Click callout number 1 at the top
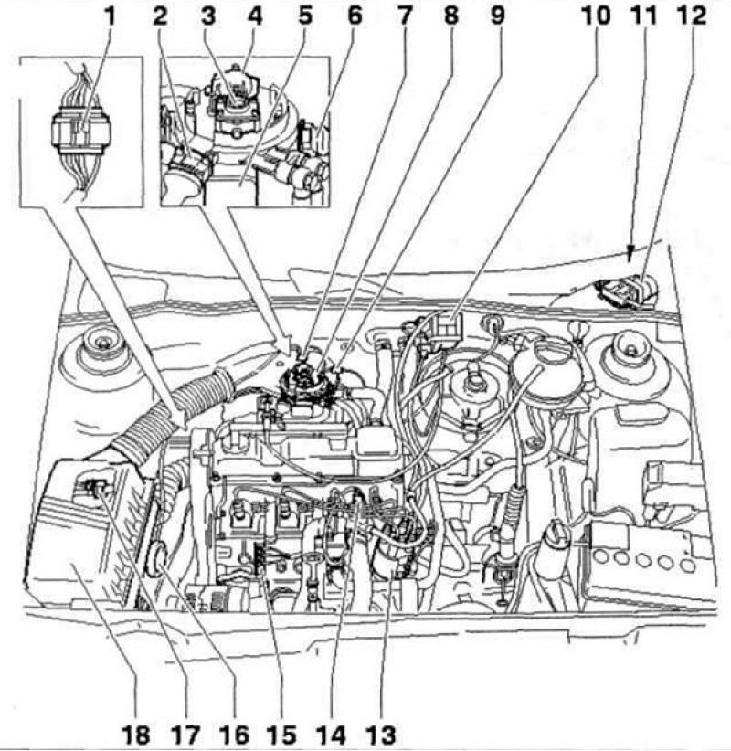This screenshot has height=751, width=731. (110, 16)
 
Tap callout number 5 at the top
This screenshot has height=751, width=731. (304, 16)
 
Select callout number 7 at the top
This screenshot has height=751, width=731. (403, 16)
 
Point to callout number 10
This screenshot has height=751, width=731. (596, 16)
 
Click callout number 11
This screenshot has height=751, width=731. (644, 16)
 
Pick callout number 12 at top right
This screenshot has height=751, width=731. (691, 16)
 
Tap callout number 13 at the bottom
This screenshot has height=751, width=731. (381, 735)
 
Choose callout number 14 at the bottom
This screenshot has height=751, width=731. (331, 735)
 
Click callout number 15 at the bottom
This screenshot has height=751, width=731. (281, 735)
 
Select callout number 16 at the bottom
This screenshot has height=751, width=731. (233, 735)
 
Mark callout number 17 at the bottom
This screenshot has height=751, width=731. (185, 735)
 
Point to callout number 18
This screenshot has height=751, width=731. (135, 735)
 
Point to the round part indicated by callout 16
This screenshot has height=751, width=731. (159, 558)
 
